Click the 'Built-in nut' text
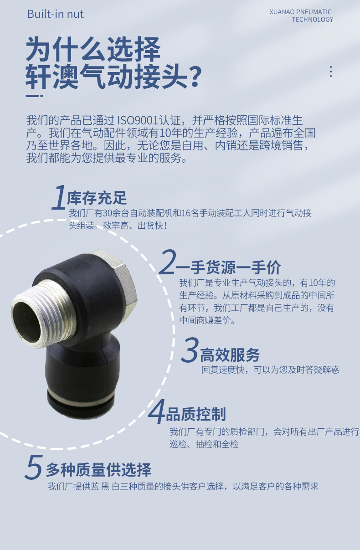point(56,14)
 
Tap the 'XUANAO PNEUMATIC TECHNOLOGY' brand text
point(301,15)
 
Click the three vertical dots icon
point(331,72)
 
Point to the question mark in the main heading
point(195,77)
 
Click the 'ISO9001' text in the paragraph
point(138,120)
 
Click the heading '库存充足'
point(97,198)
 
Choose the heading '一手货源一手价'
point(228,267)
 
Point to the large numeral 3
point(190,350)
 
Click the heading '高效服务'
point(230,355)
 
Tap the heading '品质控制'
point(195,414)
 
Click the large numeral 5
point(34,467)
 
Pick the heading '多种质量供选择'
point(98,469)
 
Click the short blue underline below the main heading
point(34,96)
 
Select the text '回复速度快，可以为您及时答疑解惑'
point(270,370)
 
